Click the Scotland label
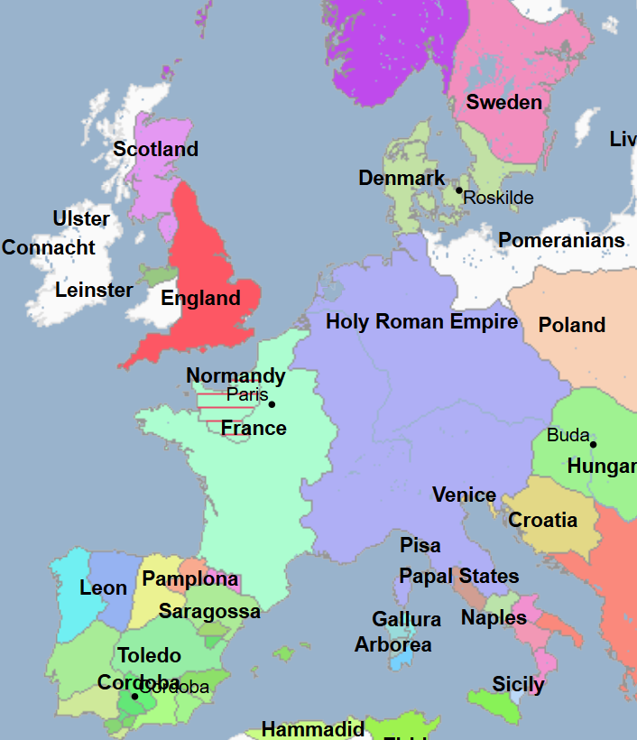coord(155,150)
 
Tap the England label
coord(200,299)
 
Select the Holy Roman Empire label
coord(421,322)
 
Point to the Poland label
coord(571,325)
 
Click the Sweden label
coord(503,103)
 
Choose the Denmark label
coord(402,179)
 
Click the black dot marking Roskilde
coord(458,190)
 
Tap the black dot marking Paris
coord(272,404)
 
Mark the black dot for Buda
coord(593,444)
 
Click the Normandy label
coord(235,376)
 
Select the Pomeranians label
coord(561,241)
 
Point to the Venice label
coord(464,495)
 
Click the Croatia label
coord(542,521)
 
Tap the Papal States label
coord(458,577)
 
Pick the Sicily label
coord(518,685)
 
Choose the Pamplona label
coord(189,579)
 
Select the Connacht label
coord(49,248)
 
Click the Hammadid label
coord(312,729)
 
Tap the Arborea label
coord(392,645)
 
